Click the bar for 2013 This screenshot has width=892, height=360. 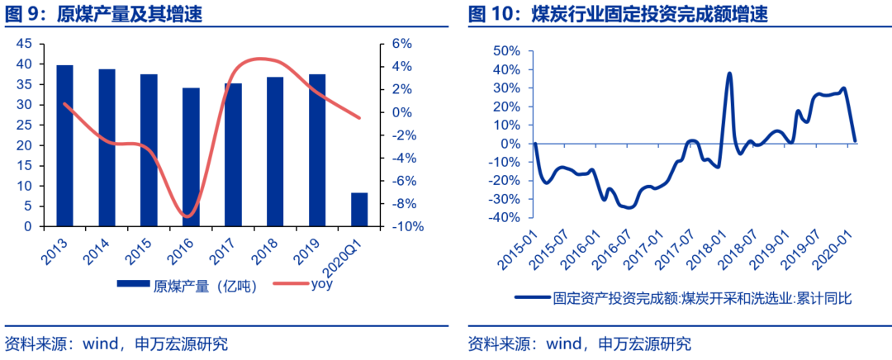coord(64,145)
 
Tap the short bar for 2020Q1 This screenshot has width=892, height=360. coord(359,209)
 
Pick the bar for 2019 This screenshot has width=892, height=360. coord(317,149)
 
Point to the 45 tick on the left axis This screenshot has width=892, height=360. coord(24,44)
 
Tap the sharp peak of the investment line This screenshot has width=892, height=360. coord(729,73)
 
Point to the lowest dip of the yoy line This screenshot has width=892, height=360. coord(188,216)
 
